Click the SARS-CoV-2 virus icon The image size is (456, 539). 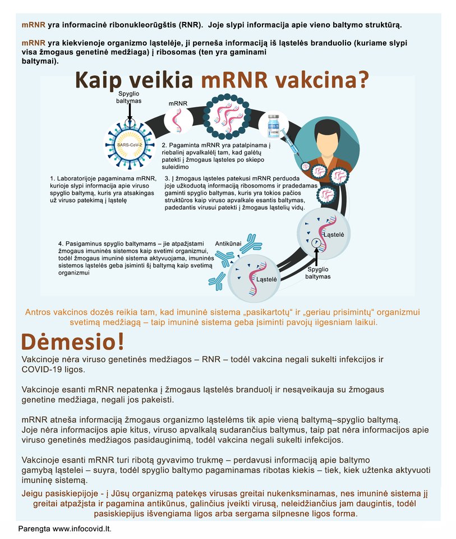coord(130,145)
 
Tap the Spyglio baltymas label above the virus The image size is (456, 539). coord(129,97)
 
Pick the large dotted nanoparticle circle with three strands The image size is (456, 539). coord(226,116)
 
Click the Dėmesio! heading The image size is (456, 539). coord(73,341)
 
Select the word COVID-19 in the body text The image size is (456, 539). coord(44,369)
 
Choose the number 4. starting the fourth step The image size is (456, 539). coord(61,244)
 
